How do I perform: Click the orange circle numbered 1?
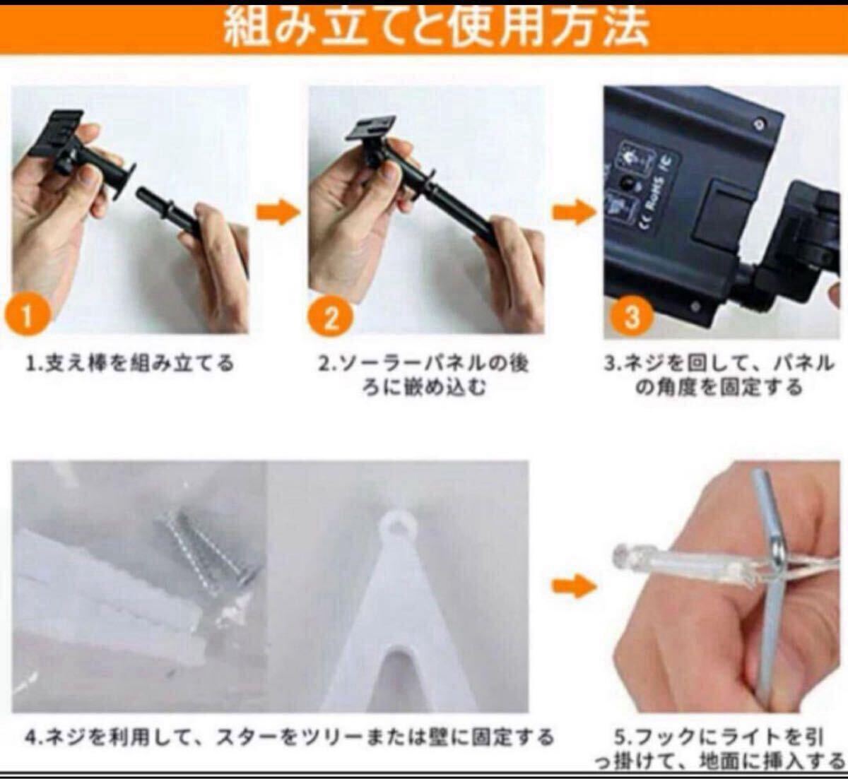(x=27, y=316)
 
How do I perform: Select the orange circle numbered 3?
(x=632, y=316)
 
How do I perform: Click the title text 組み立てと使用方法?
(x=435, y=26)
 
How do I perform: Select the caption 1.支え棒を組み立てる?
(x=130, y=364)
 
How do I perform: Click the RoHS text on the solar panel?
(x=656, y=195)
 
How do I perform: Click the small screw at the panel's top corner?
(x=760, y=124)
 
